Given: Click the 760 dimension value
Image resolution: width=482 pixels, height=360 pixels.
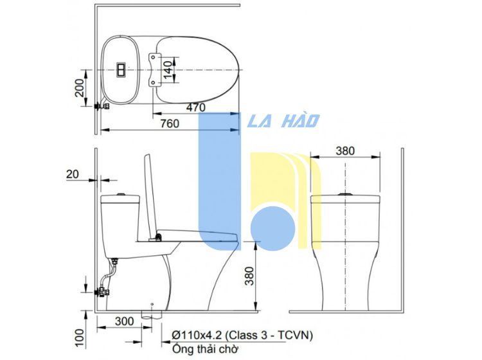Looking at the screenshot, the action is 170,123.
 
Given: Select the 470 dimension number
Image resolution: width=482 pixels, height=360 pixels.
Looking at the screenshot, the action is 196,107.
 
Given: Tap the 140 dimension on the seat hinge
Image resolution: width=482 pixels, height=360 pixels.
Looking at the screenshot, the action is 168,70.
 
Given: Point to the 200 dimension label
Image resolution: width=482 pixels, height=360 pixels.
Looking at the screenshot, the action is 79,88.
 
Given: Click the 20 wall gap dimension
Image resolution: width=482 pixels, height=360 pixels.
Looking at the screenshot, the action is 73,174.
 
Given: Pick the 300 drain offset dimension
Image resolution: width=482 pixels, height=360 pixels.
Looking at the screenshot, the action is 124,321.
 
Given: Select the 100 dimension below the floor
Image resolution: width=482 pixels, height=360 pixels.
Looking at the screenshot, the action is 79,338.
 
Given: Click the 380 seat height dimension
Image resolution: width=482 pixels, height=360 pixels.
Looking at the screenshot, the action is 249,276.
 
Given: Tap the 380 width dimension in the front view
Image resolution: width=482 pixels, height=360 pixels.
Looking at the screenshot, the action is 345,151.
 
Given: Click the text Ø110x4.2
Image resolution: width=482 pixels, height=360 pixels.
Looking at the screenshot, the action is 197,335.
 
